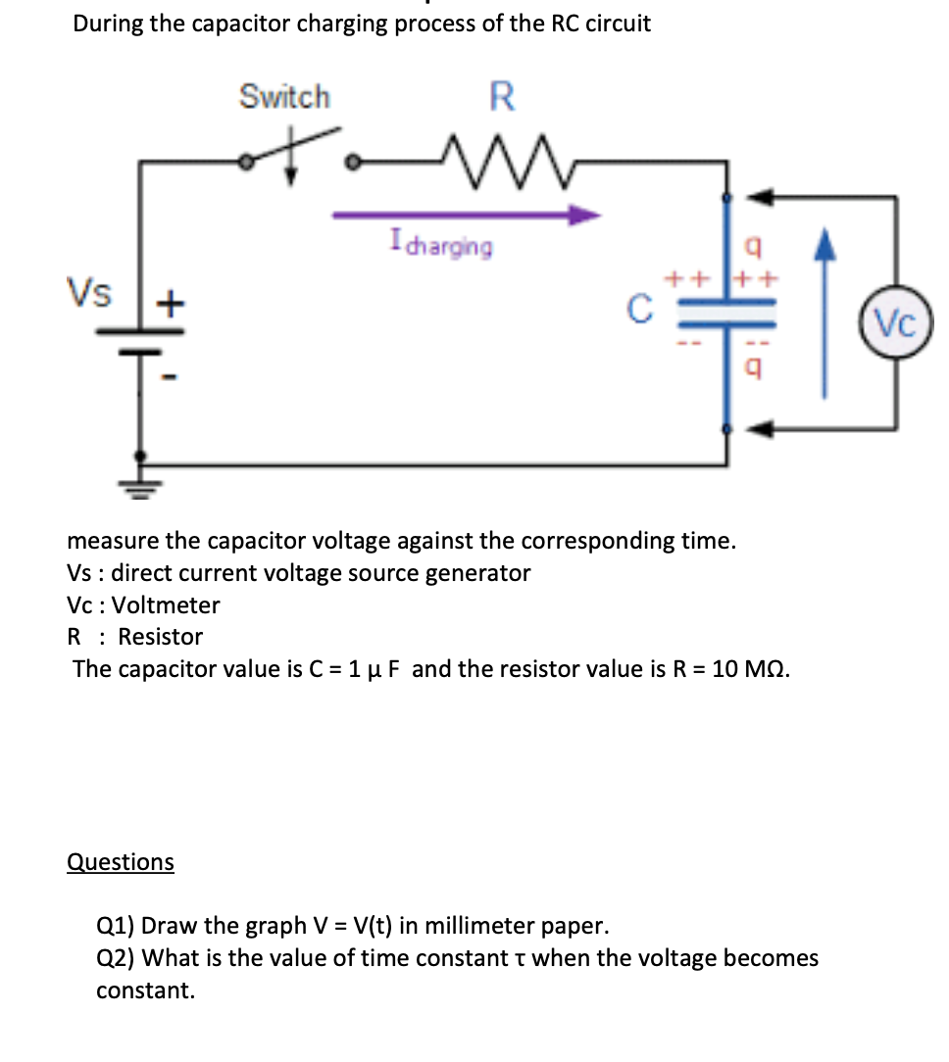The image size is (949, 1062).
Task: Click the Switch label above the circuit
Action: tap(285, 97)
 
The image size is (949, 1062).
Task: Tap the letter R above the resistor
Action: tap(501, 96)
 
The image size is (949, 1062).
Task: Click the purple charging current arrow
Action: tap(466, 215)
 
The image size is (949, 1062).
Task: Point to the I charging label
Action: tap(440, 243)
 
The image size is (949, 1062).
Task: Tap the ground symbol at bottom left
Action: tap(141, 487)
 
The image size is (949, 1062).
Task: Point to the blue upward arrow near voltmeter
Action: tap(824, 314)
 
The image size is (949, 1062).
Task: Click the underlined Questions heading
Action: tap(120, 861)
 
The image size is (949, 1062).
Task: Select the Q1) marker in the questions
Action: tap(116, 925)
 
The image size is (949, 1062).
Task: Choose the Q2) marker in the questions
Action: tap(116, 957)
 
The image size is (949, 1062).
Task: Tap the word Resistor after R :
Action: tap(161, 636)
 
